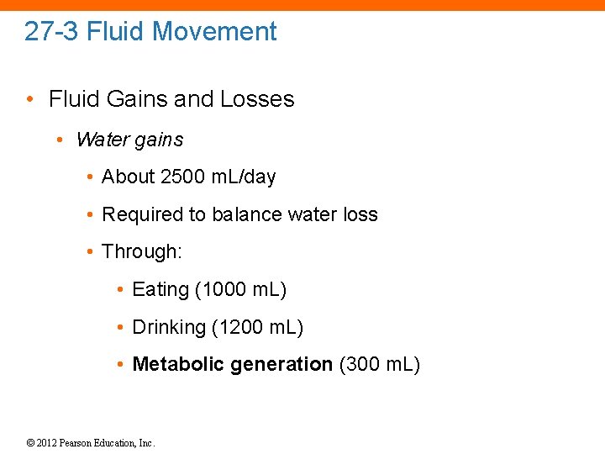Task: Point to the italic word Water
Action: pyautogui.click(x=102, y=140)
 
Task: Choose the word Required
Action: pyautogui.click(x=143, y=215)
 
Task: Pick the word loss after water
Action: pyautogui.click(x=359, y=214)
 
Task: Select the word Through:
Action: pyautogui.click(x=142, y=251)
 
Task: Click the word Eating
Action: pyautogui.click(x=160, y=290)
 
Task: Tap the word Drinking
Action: pyautogui.click(x=169, y=327)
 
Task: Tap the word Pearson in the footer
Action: pyautogui.click(x=81, y=442)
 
